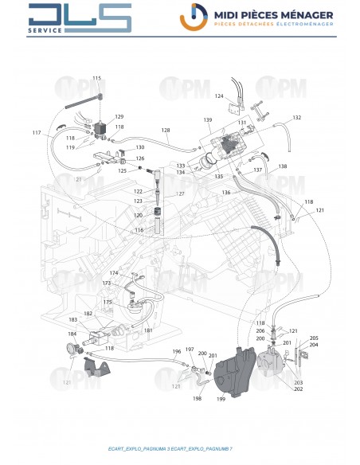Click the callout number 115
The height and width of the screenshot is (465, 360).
(x=97, y=78)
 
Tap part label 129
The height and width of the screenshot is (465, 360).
(x=119, y=116)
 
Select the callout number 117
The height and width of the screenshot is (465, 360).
(x=37, y=132)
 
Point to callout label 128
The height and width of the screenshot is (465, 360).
(x=166, y=130)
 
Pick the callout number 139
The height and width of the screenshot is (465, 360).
(x=208, y=120)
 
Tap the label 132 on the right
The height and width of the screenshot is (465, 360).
(x=297, y=117)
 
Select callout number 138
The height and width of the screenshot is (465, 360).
(x=283, y=166)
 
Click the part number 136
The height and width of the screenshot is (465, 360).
(x=225, y=193)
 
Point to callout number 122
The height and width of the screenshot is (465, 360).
(x=138, y=192)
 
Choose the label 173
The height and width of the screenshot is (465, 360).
(x=107, y=283)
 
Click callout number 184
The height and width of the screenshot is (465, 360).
(x=72, y=334)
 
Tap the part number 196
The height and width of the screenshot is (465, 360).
(x=177, y=351)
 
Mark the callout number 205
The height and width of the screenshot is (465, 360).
(x=314, y=338)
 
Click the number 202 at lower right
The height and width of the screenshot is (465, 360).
(x=298, y=389)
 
